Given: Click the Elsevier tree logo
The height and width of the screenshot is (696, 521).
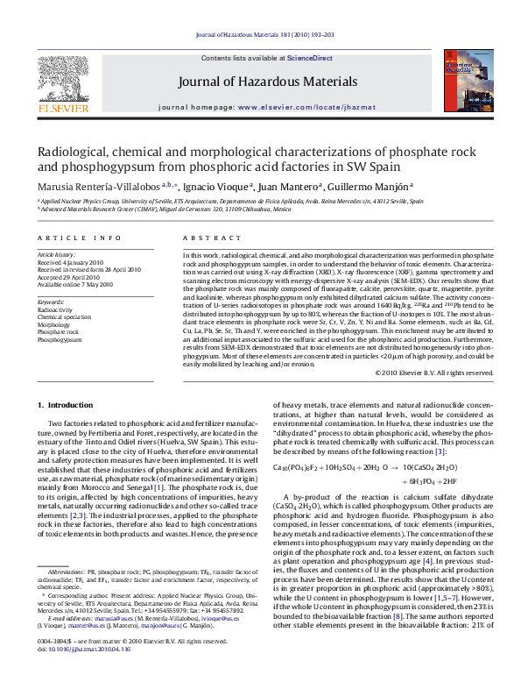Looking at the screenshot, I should pos(62,82).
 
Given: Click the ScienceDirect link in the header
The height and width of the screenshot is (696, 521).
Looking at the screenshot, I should pos(309,58).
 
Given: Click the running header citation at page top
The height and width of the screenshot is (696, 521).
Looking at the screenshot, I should pos(260,37).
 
